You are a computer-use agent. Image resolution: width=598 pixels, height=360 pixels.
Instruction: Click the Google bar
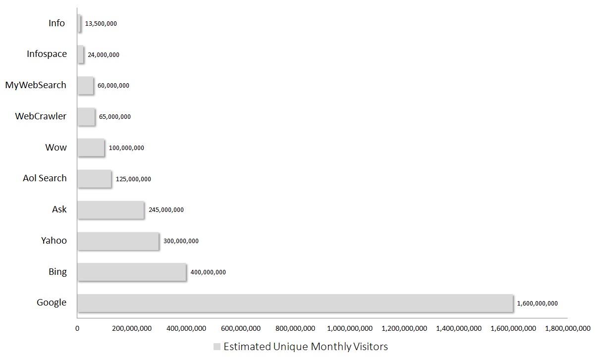(x=295, y=303)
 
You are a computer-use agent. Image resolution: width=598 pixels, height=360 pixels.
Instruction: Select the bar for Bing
(x=132, y=272)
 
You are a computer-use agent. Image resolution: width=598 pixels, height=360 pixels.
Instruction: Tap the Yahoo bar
(x=118, y=241)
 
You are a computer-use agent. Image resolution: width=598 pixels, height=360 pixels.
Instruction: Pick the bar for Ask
(x=111, y=209)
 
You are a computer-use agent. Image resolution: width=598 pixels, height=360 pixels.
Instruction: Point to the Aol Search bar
(x=95, y=179)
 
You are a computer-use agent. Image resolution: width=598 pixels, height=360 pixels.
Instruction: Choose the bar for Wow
(x=91, y=148)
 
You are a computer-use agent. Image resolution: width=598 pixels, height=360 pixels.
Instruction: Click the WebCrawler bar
(x=86, y=117)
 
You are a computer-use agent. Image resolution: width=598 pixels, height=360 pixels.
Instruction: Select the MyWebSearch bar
(x=86, y=86)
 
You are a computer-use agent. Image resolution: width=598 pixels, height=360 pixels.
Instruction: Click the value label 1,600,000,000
(x=537, y=304)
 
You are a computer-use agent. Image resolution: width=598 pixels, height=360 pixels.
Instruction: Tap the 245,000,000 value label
(x=166, y=210)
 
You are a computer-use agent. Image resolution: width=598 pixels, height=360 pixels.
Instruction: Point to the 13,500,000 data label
(x=101, y=24)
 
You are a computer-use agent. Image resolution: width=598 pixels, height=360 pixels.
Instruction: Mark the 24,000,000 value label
(x=104, y=55)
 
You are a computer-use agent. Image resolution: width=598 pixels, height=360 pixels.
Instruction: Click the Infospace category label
(x=47, y=54)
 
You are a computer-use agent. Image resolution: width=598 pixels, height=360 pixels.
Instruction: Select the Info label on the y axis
(x=56, y=23)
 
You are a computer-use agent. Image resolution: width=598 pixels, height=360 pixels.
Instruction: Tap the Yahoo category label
(x=54, y=241)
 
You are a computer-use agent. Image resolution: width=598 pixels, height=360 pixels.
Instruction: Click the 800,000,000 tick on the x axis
(x=295, y=328)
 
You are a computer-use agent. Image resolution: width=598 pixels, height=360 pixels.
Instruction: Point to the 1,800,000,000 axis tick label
(x=568, y=328)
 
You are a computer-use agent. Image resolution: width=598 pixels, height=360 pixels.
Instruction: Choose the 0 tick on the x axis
(x=77, y=328)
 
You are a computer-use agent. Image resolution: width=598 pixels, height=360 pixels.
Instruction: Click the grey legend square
(x=217, y=347)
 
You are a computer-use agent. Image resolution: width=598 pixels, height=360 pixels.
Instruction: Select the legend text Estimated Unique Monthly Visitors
(x=306, y=347)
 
